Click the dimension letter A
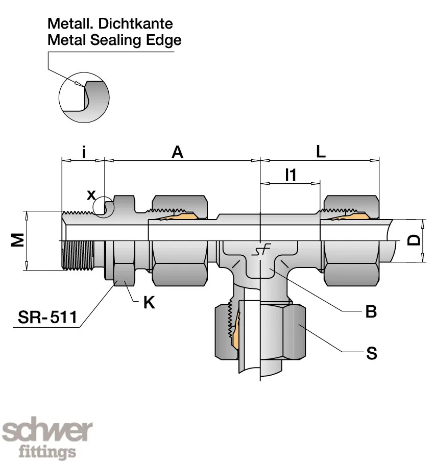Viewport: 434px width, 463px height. tap(177, 152)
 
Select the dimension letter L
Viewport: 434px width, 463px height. tap(321, 152)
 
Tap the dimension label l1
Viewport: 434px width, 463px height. tap(290, 175)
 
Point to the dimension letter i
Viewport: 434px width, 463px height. tap(83, 152)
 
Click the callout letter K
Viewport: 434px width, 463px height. tap(149, 303)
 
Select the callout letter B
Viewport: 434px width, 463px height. tap(371, 312)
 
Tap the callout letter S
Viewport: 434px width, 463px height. tap(371, 353)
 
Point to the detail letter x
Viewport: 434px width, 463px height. tap(91, 194)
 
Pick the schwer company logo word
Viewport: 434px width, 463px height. tap(47, 432)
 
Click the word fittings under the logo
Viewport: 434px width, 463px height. tap(47, 452)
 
